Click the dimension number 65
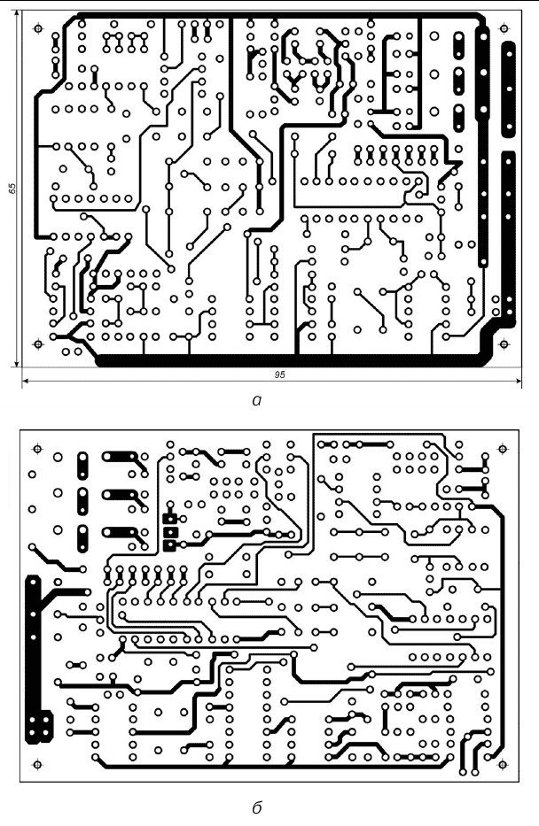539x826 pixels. pyautogui.click(x=12, y=189)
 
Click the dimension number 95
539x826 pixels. pyautogui.click(x=279, y=375)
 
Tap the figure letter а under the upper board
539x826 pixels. pyautogui.click(x=257, y=401)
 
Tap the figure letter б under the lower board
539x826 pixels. pyautogui.click(x=256, y=807)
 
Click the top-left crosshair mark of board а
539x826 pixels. pyautogui.click(x=37, y=28)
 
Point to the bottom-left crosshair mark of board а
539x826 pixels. pyautogui.click(x=37, y=344)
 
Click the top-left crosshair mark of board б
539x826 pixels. pyautogui.click(x=35, y=448)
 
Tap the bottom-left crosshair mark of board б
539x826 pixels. pyautogui.click(x=36, y=761)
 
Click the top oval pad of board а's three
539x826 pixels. pyautogui.click(x=460, y=43)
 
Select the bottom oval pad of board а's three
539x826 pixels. pyautogui.click(x=460, y=117)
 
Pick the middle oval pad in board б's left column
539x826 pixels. pyautogui.click(x=82, y=499)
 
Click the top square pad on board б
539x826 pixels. pyautogui.click(x=169, y=518)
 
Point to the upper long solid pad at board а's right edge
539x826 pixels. pyautogui.click(x=510, y=89)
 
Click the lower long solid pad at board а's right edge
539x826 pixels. pyautogui.click(x=510, y=230)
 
